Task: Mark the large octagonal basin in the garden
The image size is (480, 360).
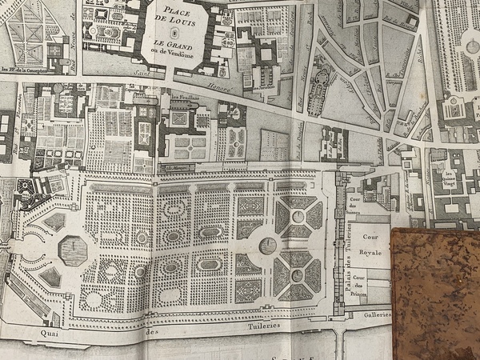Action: (73, 251)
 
